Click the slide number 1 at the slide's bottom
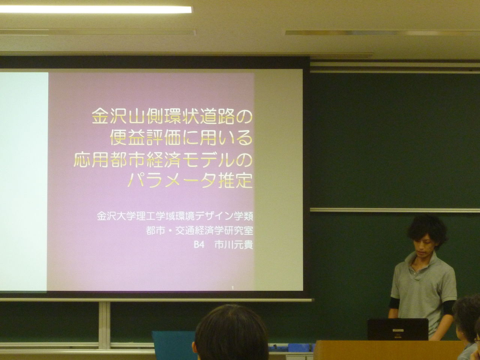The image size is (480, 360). point(232,288)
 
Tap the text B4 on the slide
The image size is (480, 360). point(199,245)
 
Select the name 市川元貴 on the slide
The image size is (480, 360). point(234,245)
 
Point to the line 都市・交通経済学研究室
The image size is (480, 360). point(199,231)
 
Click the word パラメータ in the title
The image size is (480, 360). point(172,180)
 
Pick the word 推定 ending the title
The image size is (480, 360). point(235,180)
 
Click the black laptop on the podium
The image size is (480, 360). point(398,329)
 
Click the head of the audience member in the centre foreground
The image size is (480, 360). point(231,332)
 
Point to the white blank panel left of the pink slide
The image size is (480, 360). point(24,182)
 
